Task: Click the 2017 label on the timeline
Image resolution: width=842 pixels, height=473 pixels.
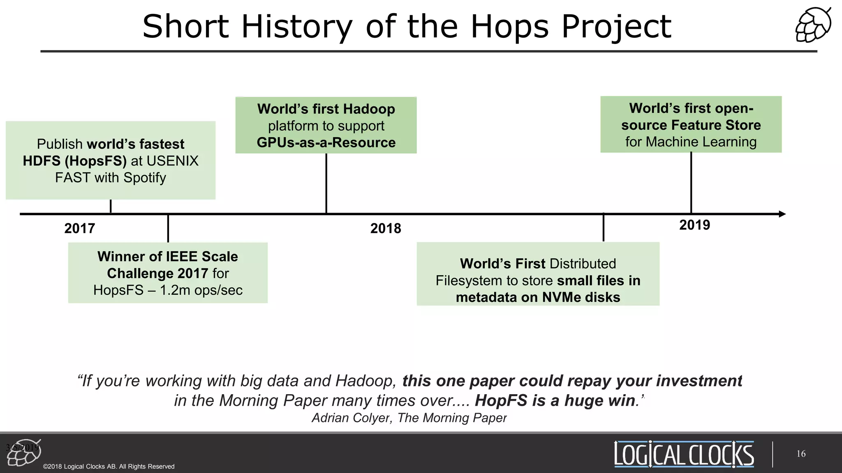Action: tap(79, 228)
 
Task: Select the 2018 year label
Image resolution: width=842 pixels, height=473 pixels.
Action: tap(385, 228)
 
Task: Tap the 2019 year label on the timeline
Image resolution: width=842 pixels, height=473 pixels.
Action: tap(694, 225)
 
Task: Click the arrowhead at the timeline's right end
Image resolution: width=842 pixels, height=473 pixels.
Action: tap(782, 214)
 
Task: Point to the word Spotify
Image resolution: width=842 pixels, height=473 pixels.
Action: tap(145, 178)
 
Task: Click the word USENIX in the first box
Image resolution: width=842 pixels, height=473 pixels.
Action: tap(175, 161)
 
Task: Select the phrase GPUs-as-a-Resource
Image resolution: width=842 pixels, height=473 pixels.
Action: tap(326, 142)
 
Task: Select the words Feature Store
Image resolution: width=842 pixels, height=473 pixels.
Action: tap(716, 125)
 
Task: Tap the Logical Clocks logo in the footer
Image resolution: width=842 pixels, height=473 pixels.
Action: tap(684, 454)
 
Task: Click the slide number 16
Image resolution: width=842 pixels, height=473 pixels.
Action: tap(801, 454)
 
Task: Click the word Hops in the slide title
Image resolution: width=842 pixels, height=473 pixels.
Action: tap(509, 27)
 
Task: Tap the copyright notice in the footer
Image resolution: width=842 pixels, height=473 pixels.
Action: tap(109, 466)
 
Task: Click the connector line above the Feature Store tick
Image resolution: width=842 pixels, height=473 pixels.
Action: tap(691, 183)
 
